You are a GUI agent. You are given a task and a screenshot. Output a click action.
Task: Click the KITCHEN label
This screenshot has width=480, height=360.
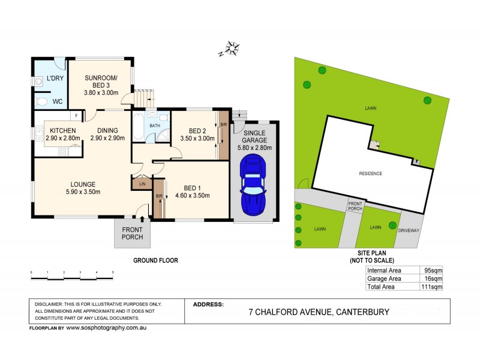click(62, 130)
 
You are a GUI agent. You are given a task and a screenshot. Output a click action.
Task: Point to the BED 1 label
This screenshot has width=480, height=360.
click(190, 187)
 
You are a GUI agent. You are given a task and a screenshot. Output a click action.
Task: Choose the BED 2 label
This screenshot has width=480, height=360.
click(197, 131)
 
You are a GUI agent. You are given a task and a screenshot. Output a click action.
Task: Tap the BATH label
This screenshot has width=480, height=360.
click(155, 125)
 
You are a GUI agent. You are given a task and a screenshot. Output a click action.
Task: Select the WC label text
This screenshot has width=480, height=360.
click(59, 101)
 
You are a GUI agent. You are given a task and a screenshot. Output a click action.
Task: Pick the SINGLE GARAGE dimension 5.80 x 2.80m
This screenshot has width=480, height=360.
click(254, 148)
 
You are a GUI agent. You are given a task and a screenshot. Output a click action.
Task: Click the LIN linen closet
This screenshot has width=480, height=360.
click(142, 184)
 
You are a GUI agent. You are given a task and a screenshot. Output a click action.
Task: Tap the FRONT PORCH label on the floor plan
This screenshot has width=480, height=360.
click(132, 233)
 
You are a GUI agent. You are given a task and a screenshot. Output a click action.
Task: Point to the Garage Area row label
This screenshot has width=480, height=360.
click(384, 279)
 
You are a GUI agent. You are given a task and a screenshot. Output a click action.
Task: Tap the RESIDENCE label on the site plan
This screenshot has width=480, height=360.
click(370, 173)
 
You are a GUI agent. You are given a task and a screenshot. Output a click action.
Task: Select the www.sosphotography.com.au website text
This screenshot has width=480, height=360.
click(106, 328)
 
